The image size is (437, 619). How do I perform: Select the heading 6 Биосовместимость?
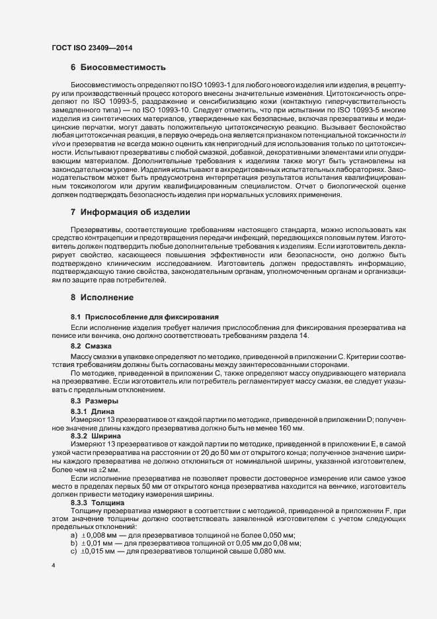pos(118,67)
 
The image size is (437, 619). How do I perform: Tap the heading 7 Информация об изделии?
pos(130,212)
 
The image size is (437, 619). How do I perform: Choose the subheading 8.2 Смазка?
pos(91,346)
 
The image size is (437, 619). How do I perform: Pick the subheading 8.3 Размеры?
pos(95,401)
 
